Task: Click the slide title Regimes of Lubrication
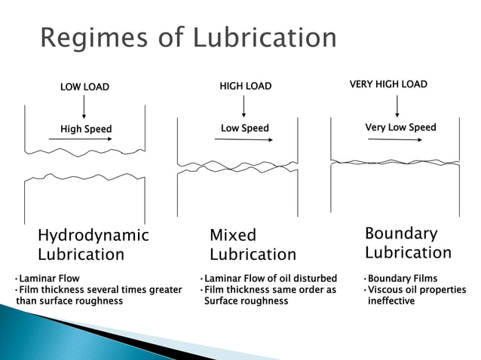pyautogui.click(x=188, y=37)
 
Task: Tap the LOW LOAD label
pyautogui.click(x=84, y=87)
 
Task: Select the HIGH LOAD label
pyautogui.click(x=244, y=87)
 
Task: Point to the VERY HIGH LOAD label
pyautogui.click(x=388, y=84)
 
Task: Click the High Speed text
pyautogui.click(x=86, y=130)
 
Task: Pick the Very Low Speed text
pyautogui.click(x=400, y=127)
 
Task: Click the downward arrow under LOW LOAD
pyautogui.click(x=84, y=107)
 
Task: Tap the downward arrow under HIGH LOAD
pyautogui.click(x=244, y=106)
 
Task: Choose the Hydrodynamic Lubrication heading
pyautogui.click(x=93, y=245)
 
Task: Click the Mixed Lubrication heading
pyautogui.click(x=253, y=245)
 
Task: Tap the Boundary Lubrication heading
pyautogui.click(x=408, y=243)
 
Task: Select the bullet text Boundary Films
pyautogui.click(x=402, y=279)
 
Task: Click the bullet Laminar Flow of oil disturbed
pyautogui.click(x=270, y=279)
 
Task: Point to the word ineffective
pyautogui.click(x=391, y=301)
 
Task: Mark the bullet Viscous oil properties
pyautogui.click(x=416, y=290)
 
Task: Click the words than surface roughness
pyautogui.click(x=69, y=301)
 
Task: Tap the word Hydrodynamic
pyautogui.click(x=93, y=235)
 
